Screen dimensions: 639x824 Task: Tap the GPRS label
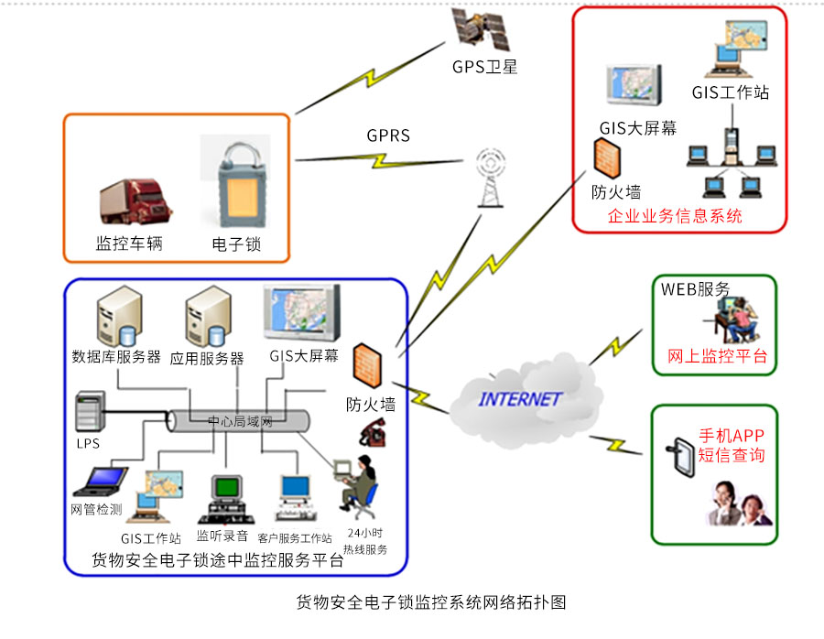pos(388,135)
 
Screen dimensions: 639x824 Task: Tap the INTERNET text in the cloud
pos(519,400)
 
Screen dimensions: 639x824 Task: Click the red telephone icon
pos(372,431)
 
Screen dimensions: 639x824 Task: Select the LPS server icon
pos(89,413)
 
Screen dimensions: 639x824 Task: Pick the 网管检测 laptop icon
pos(102,482)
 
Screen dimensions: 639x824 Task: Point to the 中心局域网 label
pos(241,422)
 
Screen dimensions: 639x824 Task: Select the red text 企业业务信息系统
pos(675,217)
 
